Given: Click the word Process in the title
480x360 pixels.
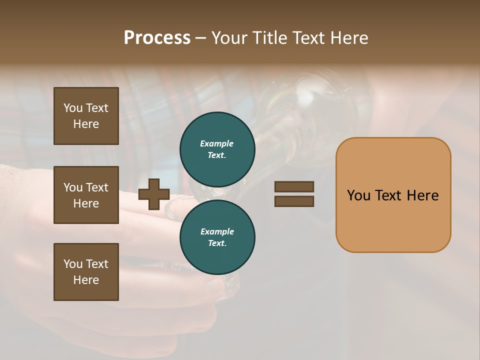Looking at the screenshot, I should pyautogui.click(x=157, y=38).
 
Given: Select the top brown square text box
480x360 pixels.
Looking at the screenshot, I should pyautogui.click(x=86, y=116).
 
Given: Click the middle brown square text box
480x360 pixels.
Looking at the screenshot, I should pyautogui.click(x=86, y=195).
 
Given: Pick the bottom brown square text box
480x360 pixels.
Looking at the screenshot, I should pyautogui.click(x=86, y=272).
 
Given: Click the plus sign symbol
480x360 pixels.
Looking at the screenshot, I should pyautogui.click(x=153, y=194).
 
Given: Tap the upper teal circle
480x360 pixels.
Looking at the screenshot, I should pyautogui.click(x=217, y=149).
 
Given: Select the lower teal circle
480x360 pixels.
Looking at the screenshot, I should pyautogui.click(x=217, y=237).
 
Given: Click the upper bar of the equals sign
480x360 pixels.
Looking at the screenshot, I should pyautogui.click(x=294, y=186).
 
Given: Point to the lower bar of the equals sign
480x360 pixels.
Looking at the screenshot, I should pyautogui.click(x=294, y=201).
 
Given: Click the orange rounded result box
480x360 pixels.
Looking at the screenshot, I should pyautogui.click(x=393, y=194).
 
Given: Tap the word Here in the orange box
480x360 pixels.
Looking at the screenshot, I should pyautogui.click(x=422, y=195).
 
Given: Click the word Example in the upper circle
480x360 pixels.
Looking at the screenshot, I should pyautogui.click(x=216, y=143).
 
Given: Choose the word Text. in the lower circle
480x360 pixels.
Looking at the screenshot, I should pyautogui.click(x=217, y=243).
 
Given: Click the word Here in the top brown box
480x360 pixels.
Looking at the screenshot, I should pyautogui.click(x=86, y=124).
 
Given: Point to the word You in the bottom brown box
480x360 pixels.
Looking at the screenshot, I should pyautogui.click(x=73, y=264).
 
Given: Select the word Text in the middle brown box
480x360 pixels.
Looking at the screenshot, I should pyautogui.click(x=97, y=187).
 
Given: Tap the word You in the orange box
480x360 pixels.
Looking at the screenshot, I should pyautogui.click(x=358, y=195).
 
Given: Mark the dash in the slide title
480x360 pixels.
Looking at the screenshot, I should pyautogui.click(x=200, y=38).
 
